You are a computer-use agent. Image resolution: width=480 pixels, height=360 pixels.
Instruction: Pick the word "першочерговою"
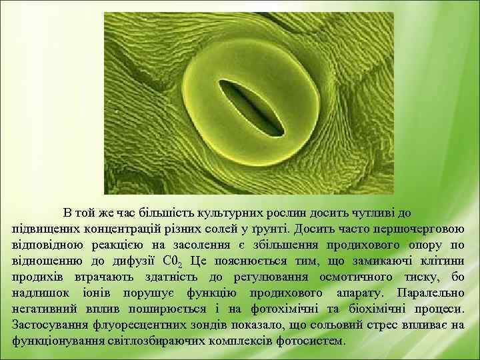tap(421, 229)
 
